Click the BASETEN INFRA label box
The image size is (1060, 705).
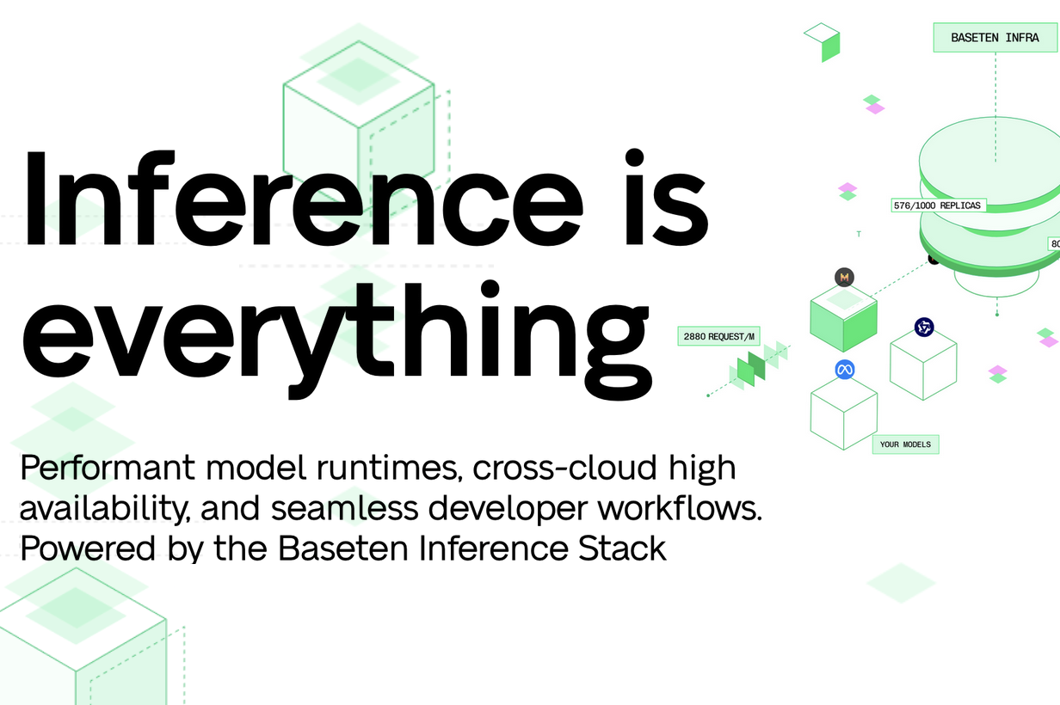click(x=995, y=38)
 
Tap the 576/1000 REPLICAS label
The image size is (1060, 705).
click(x=937, y=205)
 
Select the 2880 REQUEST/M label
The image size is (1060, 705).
click(x=719, y=336)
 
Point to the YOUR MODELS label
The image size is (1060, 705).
click(x=905, y=444)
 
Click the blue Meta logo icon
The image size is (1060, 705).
click(x=844, y=370)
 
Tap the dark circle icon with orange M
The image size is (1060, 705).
click(x=844, y=277)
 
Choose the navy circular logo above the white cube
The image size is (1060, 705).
click(x=924, y=327)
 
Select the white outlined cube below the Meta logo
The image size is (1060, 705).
click(x=843, y=417)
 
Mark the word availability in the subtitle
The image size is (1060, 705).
click(x=104, y=509)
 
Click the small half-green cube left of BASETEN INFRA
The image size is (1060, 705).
click(x=823, y=41)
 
